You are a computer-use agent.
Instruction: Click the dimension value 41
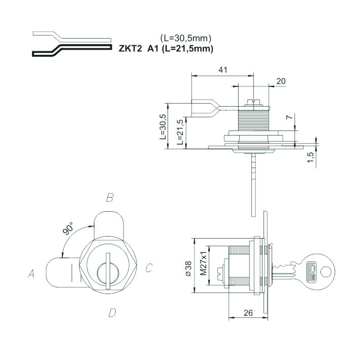223,70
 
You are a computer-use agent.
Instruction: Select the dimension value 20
281,81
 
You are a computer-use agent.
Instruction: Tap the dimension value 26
248,313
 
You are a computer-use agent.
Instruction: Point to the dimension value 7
290,117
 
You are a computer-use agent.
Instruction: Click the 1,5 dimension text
310,157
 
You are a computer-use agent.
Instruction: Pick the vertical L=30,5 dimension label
163,126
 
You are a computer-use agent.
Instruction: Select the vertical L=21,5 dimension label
180,132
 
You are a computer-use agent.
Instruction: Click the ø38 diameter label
188,269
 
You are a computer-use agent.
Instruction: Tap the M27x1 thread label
204,263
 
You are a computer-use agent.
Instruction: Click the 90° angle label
68,228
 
